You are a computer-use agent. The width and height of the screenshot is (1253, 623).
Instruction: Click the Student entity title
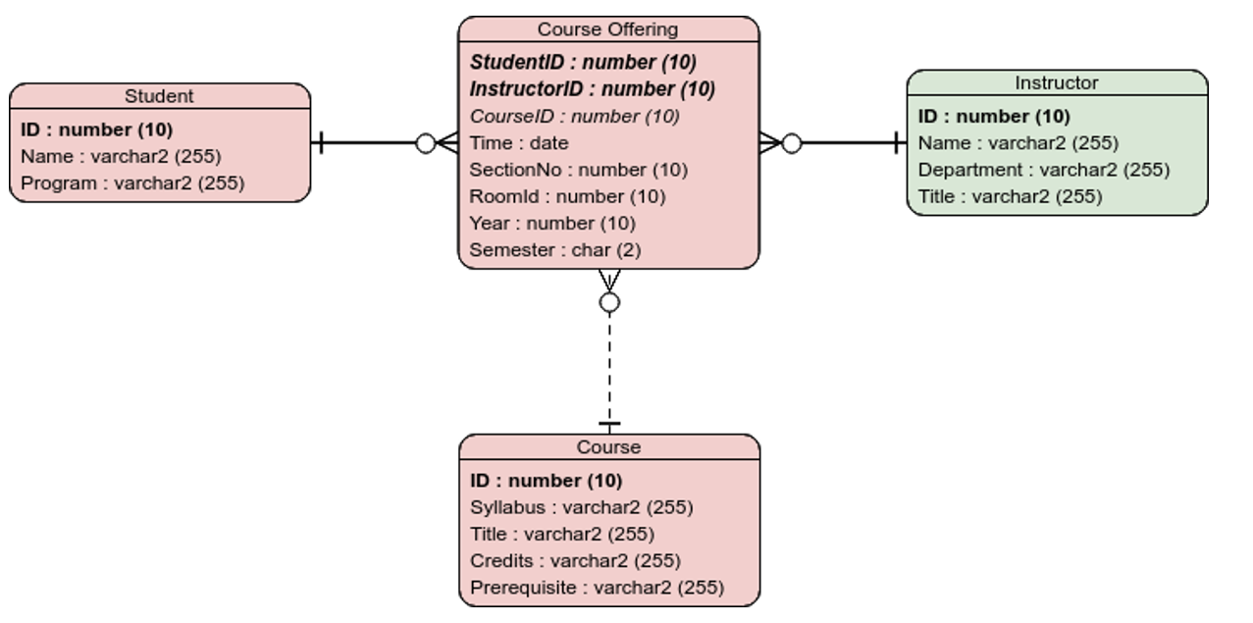click(159, 96)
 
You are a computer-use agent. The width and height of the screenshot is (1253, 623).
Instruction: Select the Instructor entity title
click(1056, 83)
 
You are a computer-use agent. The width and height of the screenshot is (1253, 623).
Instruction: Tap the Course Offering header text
click(607, 29)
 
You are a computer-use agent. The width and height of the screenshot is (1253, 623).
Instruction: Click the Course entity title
click(608, 447)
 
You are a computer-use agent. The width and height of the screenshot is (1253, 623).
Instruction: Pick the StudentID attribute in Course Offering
click(583, 63)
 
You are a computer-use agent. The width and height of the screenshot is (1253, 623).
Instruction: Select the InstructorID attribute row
click(592, 89)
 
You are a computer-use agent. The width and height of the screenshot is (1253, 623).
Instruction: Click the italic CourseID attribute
click(574, 116)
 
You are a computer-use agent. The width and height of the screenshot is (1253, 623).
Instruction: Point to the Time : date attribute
click(518, 143)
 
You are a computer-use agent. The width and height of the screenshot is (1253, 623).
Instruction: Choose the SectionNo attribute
click(578, 170)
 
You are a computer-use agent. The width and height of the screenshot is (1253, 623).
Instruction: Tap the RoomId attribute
click(567, 196)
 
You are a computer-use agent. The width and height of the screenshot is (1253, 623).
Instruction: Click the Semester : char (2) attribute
click(554, 250)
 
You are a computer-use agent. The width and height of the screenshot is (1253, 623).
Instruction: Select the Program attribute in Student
click(132, 183)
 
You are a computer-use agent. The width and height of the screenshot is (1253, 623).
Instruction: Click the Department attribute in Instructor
click(1043, 170)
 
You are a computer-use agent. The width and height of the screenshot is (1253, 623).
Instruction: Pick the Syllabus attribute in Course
click(581, 507)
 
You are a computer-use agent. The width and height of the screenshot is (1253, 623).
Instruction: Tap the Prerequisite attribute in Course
click(597, 588)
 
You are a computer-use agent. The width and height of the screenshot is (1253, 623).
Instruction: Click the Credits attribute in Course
click(575, 561)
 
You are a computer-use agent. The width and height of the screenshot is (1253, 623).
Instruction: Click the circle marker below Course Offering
click(609, 302)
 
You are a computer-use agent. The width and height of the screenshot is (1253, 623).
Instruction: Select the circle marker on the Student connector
click(426, 144)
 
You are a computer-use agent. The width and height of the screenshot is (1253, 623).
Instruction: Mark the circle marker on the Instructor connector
click(791, 144)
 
